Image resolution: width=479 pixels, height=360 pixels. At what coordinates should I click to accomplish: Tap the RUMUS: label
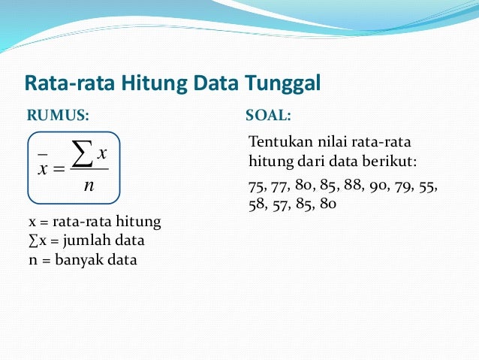[x=58, y=116]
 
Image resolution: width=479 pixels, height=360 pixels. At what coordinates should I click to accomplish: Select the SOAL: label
[x=268, y=116]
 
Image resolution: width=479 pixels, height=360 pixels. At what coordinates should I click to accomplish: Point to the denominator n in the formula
[x=89, y=185]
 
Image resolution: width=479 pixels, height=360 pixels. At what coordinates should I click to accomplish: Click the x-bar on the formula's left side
[x=42, y=166]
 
